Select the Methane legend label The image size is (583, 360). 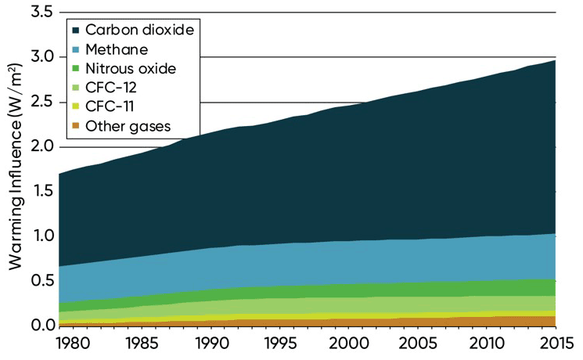[116, 49]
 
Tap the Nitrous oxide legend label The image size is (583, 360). [131, 68]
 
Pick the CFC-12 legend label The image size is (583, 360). [111, 88]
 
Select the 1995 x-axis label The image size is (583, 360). [279, 344]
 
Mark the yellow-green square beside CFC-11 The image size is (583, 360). [76, 106]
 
